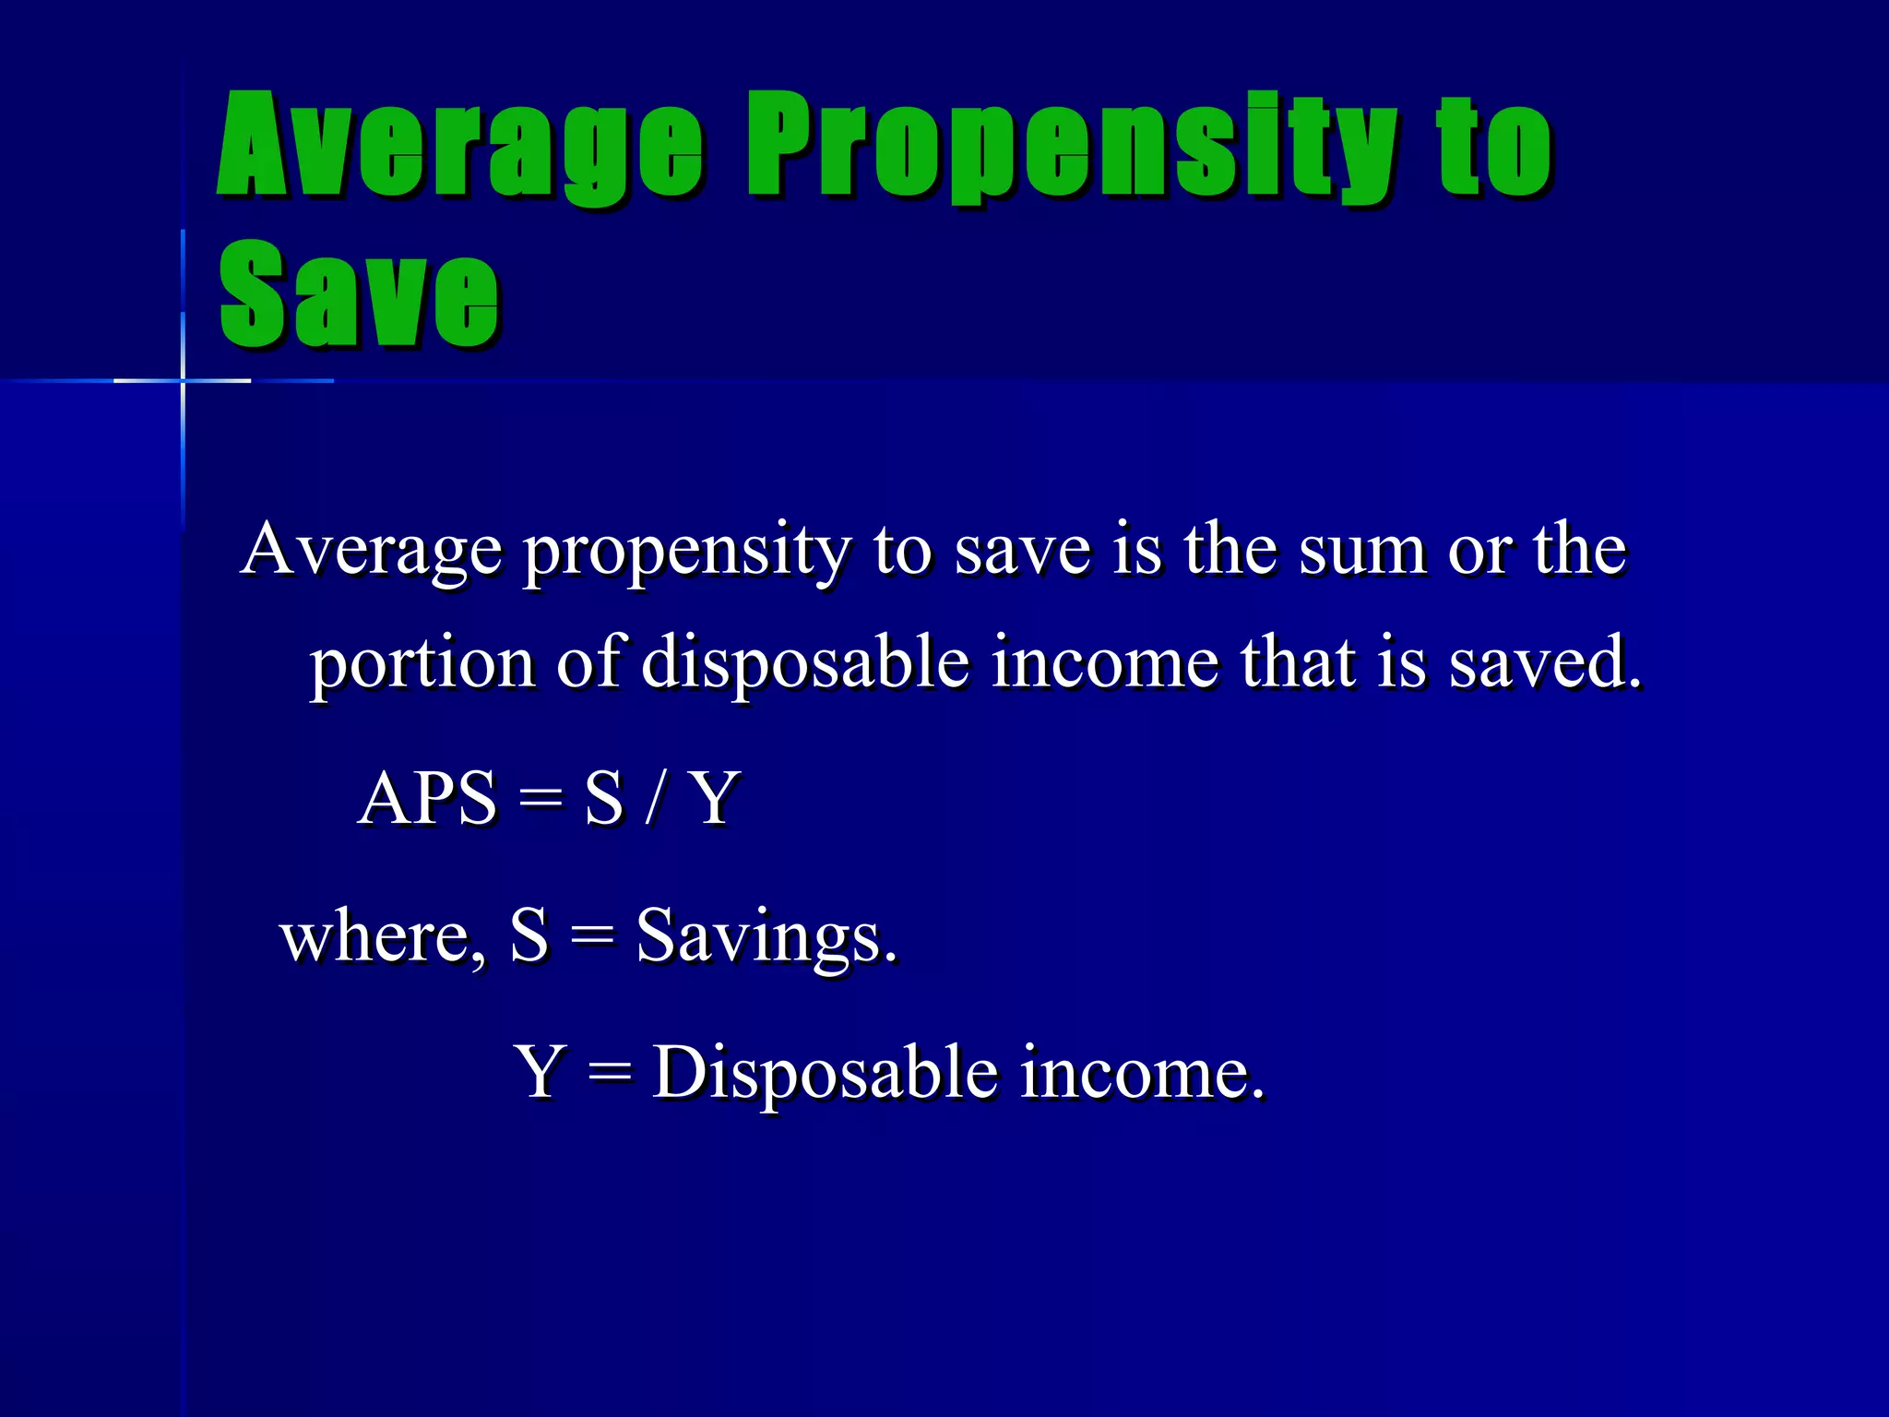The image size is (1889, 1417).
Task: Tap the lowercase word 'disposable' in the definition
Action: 805,664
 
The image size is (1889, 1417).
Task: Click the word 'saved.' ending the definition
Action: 1545,664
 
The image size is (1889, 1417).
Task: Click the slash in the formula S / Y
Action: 655,799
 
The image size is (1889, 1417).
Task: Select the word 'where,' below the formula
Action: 383,937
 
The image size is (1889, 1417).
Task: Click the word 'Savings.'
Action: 766,937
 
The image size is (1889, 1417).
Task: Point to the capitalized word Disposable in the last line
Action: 826,1074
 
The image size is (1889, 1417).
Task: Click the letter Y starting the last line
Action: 540,1072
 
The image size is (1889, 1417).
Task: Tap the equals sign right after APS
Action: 540,799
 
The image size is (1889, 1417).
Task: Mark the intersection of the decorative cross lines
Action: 183,380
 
